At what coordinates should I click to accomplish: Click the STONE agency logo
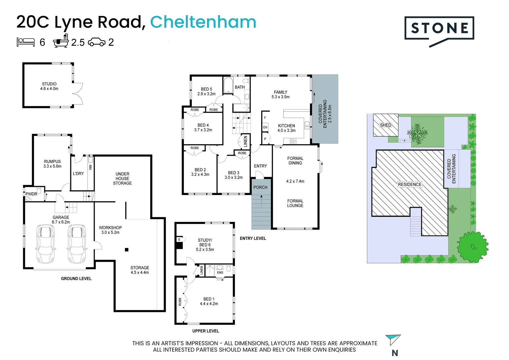[439, 29]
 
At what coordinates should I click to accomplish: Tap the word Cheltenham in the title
[203, 22]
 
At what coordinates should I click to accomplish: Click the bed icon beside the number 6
[26, 42]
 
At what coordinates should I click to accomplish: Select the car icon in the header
[97, 42]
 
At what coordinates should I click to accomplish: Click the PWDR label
[31, 194]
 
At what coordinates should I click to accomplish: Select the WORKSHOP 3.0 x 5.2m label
[110, 230]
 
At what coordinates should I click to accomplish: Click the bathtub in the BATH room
[228, 85]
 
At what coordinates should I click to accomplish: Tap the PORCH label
[260, 187]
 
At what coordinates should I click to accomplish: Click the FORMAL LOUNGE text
[295, 203]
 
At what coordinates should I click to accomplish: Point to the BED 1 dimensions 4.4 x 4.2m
[209, 304]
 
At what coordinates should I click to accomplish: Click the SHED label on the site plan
[385, 125]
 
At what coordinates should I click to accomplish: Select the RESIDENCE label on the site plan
[409, 184]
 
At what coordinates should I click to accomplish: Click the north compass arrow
[393, 340]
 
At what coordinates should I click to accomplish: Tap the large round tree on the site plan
[472, 247]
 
